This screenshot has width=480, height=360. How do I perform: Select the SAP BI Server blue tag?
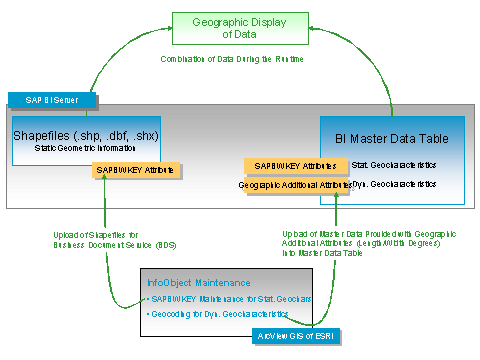click(52, 100)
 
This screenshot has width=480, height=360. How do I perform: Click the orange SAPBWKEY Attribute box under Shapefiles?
click(136, 170)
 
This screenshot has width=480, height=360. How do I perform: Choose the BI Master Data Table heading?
click(391, 138)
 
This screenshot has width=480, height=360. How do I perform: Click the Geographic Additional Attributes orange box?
click(294, 185)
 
